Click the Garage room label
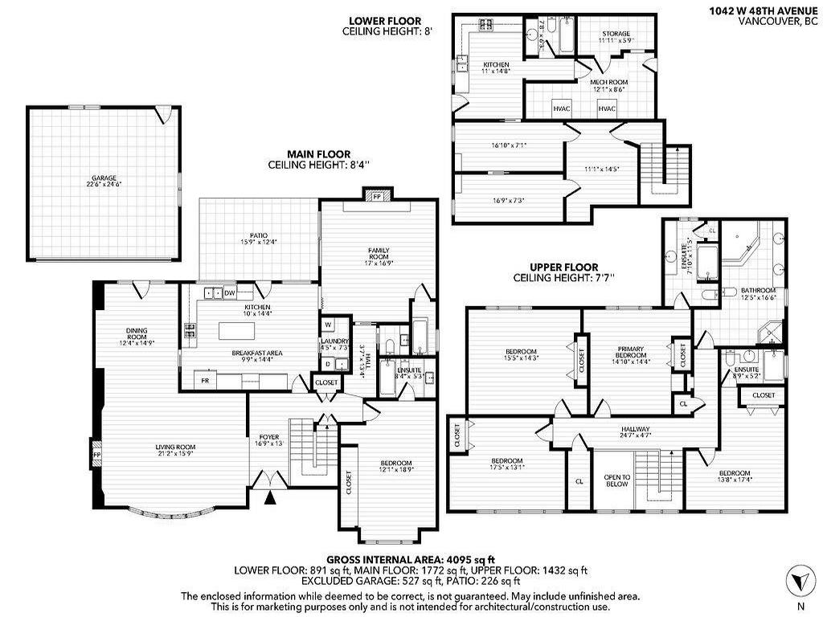(104, 180)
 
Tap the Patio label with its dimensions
(258, 238)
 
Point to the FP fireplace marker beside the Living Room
(97, 455)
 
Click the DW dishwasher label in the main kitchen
(230, 293)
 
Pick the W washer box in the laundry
(329, 325)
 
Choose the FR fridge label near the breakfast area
(206, 379)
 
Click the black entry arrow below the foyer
(270, 498)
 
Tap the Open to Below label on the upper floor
(616, 480)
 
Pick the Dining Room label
(135, 339)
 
